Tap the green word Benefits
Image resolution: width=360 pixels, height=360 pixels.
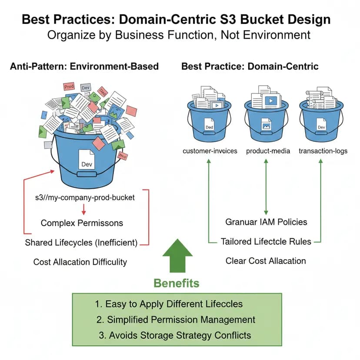tap(177, 283)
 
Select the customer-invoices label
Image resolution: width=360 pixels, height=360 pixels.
tap(210, 151)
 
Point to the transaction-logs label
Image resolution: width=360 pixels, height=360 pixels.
tap(323, 151)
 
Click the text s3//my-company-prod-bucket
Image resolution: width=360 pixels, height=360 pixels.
tap(85, 197)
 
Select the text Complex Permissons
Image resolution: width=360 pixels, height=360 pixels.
tap(82, 223)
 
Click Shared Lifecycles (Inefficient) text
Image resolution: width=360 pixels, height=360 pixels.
tap(81, 243)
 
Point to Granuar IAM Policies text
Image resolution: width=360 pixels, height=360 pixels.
tap(266, 222)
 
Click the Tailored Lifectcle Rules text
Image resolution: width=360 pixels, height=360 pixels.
tap(266, 241)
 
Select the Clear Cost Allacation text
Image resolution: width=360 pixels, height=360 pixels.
tap(266, 261)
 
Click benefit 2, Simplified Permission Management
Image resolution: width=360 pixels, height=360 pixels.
tap(176, 320)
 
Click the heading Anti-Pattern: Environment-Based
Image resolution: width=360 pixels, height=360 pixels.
tap(84, 67)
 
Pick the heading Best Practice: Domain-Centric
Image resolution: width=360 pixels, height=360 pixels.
tap(250, 67)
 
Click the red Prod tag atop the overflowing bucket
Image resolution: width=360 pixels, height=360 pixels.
tap(69, 87)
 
